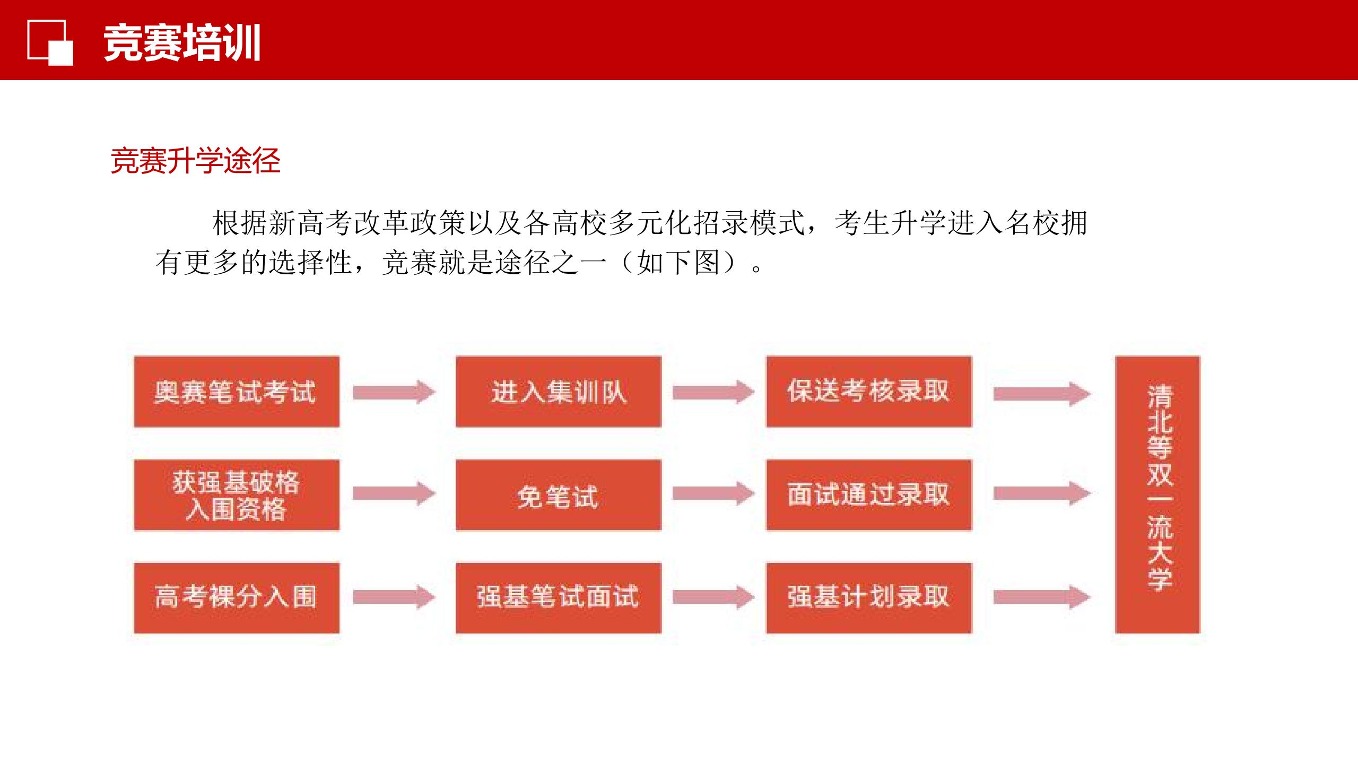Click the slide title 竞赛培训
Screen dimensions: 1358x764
click(182, 43)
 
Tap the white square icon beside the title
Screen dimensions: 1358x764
click(50, 42)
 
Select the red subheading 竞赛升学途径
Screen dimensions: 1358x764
click(195, 160)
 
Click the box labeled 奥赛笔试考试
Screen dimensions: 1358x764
click(237, 392)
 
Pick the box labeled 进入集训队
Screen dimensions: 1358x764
click(559, 392)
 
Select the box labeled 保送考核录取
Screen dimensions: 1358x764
click(869, 392)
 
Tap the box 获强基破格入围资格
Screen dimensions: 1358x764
click(237, 495)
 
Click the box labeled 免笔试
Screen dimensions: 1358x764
click(559, 495)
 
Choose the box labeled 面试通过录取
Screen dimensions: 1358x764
click(869, 495)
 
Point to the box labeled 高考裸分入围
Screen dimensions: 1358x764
click(237, 598)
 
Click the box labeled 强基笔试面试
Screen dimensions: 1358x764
click(559, 598)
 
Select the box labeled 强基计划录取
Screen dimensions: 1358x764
click(869, 598)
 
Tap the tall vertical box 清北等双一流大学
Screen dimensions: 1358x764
click(1157, 494)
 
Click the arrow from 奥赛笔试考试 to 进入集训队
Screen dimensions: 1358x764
click(394, 392)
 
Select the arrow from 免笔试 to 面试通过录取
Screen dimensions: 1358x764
click(713, 494)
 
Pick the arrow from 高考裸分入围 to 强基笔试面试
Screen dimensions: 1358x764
click(394, 597)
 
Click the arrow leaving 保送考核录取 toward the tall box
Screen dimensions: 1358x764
click(1042, 394)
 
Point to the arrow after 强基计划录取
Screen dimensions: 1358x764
click(1042, 597)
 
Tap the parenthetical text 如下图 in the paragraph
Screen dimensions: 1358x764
click(678, 263)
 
